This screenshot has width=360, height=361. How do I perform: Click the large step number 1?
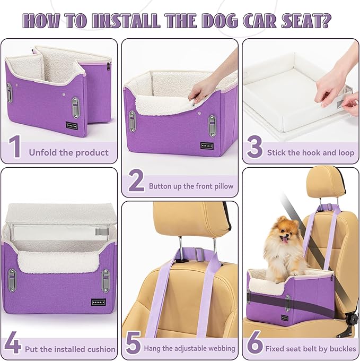[x=15, y=148]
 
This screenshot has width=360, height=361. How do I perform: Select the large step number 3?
[x=254, y=148]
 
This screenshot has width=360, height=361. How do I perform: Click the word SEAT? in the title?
[x=308, y=21]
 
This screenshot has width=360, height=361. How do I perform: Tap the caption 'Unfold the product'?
[x=68, y=152]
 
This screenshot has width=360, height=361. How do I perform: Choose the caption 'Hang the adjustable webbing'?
[x=189, y=349]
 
